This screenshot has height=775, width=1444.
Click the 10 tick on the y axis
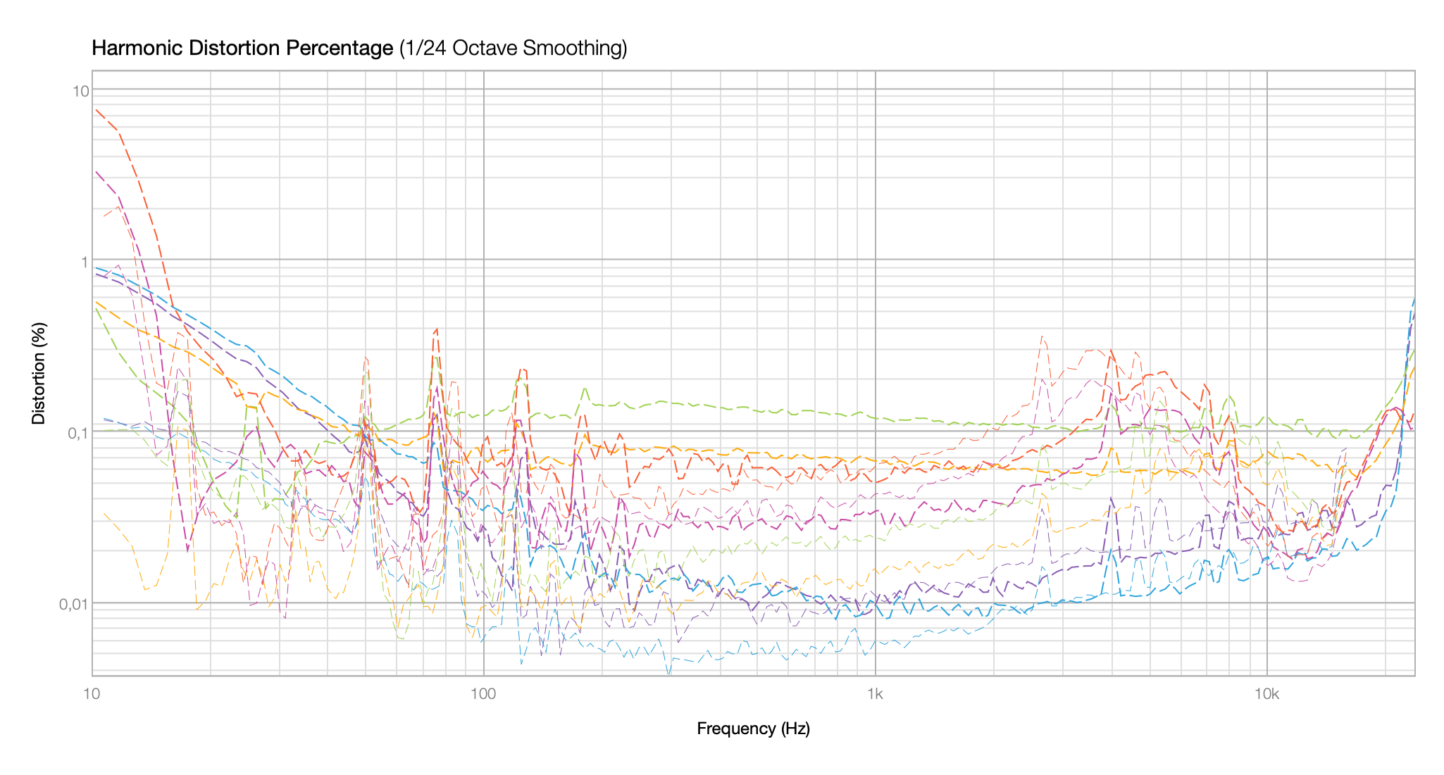point(80,90)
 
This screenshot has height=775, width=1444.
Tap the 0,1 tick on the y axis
point(77,433)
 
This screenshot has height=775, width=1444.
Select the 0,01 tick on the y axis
point(75,604)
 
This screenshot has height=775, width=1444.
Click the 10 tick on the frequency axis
point(92,694)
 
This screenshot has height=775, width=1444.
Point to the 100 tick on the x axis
point(483,694)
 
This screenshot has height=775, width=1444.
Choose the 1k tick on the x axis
point(875,694)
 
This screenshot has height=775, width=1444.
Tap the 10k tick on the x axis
point(1266,694)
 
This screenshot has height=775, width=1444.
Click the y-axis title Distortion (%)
point(39,373)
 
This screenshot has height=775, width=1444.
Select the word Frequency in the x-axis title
point(736,729)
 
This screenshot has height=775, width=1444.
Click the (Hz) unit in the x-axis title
point(795,729)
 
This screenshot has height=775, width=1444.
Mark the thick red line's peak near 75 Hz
point(437,329)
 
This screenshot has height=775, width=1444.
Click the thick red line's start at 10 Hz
point(95,109)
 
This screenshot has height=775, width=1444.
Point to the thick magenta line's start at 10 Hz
point(95,171)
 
